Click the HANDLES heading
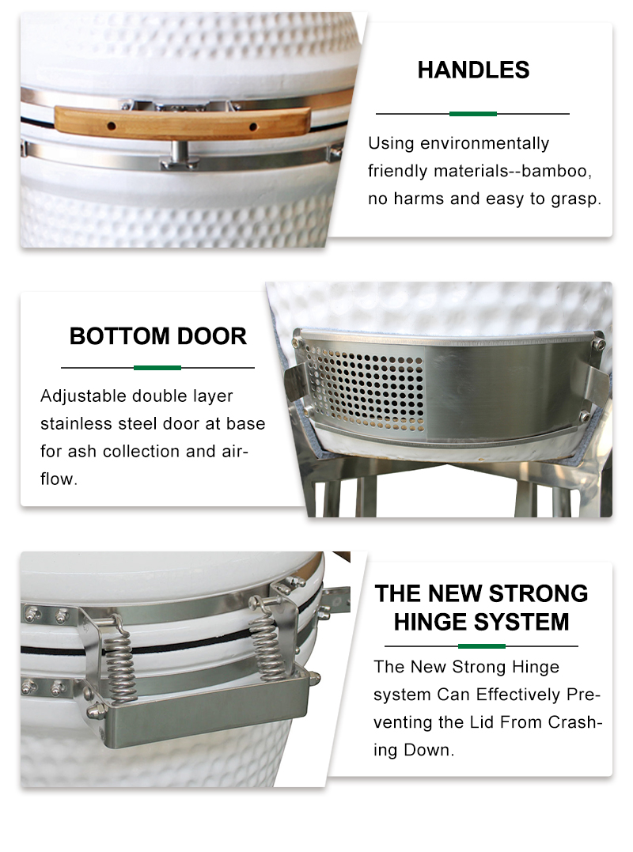[473, 70]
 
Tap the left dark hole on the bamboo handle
[112, 126]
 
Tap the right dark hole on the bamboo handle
[252, 127]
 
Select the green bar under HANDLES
[472, 114]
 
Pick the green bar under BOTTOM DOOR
[157, 368]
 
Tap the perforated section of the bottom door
[365, 387]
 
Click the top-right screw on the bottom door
[598, 343]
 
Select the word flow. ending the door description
[59, 479]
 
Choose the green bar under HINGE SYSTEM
[481, 646]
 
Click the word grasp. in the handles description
[576, 199]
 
